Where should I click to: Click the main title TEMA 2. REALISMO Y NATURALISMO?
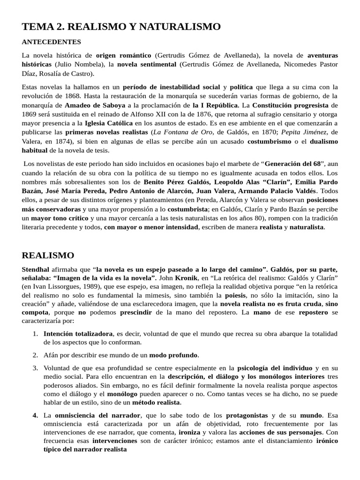[121, 27]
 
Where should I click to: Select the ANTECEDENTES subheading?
[51, 42]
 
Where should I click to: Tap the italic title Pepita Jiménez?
[306, 133]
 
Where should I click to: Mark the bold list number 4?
[35, 415]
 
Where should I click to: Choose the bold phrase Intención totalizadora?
[78, 334]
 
